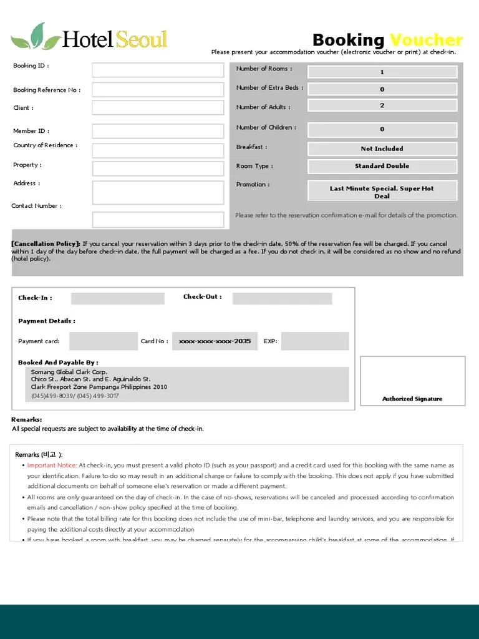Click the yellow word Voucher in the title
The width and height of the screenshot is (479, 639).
[x=426, y=41]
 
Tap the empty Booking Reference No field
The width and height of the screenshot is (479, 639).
[x=158, y=89]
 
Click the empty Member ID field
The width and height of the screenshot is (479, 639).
[x=158, y=131]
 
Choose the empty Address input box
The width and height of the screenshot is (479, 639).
[x=158, y=193]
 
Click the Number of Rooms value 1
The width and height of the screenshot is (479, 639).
[x=382, y=72]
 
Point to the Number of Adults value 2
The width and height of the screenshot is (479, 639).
[x=382, y=106]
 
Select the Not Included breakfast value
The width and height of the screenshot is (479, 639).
[x=382, y=149]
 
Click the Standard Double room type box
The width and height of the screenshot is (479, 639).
[x=382, y=166]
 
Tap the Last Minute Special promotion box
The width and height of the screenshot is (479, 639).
[x=382, y=191]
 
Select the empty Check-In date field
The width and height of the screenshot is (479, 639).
[x=117, y=298]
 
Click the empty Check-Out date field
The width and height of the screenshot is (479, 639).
[x=282, y=298]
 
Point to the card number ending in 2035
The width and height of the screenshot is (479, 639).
[x=215, y=341]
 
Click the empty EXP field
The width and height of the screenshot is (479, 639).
[x=314, y=341]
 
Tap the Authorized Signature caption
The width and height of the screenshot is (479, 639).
[x=412, y=399]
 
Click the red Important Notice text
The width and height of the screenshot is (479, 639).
[x=52, y=466]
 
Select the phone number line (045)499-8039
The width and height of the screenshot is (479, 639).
[x=75, y=396]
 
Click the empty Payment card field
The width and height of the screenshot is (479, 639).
[x=103, y=341]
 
